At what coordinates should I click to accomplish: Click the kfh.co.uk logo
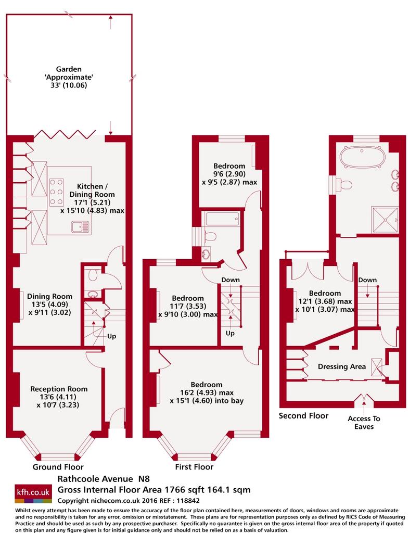click(x=33, y=493)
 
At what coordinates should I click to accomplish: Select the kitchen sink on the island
click(x=80, y=226)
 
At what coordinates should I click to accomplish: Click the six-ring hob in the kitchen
click(x=56, y=192)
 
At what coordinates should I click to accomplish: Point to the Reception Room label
click(x=59, y=397)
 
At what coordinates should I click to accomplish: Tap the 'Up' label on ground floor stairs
click(x=111, y=336)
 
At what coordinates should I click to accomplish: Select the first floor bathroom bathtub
click(x=222, y=219)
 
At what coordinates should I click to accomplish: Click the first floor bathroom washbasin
click(x=206, y=254)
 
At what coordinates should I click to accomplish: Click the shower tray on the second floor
click(x=385, y=220)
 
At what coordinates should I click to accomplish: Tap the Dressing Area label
click(x=342, y=366)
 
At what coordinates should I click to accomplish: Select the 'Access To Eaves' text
click(x=364, y=423)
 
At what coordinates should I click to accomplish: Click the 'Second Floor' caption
click(x=303, y=416)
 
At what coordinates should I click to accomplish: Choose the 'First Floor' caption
click(x=194, y=467)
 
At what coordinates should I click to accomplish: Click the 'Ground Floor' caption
click(x=58, y=467)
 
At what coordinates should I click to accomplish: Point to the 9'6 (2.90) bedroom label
click(x=229, y=174)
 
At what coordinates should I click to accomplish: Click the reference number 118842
click(x=188, y=500)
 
